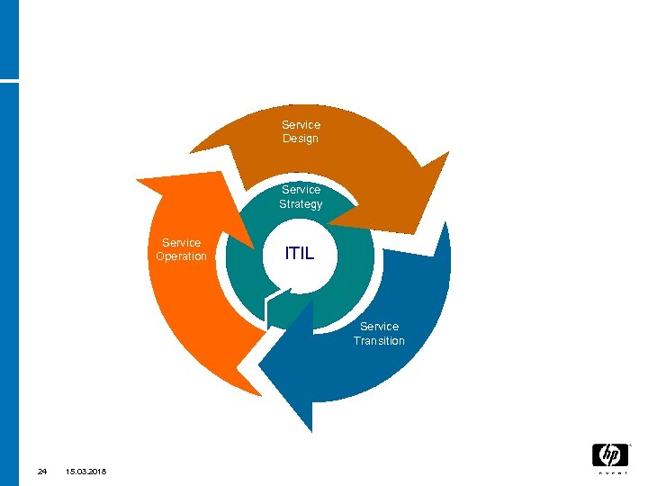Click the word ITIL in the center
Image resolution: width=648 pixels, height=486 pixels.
300,253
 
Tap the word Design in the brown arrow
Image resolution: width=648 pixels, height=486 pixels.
301,139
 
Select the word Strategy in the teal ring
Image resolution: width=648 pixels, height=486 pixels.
301,204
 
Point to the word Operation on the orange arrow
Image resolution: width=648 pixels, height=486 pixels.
181,256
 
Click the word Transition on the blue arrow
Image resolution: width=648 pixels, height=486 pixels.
379,341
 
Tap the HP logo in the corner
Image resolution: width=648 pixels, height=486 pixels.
609,454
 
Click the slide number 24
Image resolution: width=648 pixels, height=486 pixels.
41,472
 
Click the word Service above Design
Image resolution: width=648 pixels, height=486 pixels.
301,124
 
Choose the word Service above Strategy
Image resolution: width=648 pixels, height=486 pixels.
301,190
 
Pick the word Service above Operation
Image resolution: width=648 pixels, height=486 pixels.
181,242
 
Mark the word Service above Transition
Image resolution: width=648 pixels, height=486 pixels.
379,327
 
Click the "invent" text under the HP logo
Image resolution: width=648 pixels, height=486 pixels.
609,472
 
